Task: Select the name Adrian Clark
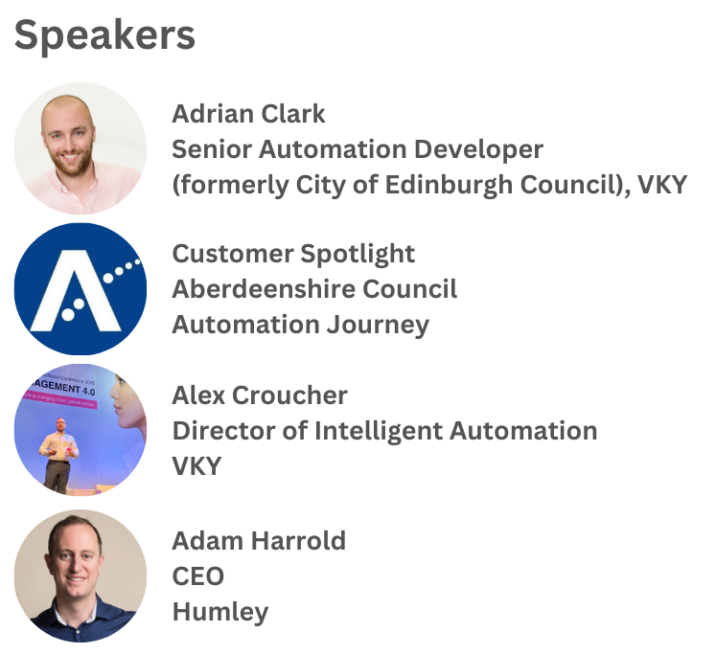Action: (x=248, y=114)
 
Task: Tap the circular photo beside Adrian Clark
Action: (x=81, y=148)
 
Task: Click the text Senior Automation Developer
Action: (x=358, y=149)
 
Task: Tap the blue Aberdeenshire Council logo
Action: (x=81, y=289)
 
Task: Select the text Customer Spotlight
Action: (x=293, y=254)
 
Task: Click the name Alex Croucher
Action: (x=260, y=395)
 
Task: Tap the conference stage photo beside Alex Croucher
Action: (x=81, y=430)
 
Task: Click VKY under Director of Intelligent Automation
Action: (x=196, y=466)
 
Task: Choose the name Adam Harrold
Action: (x=259, y=541)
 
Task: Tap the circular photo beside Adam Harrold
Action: (x=81, y=575)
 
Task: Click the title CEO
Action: (x=197, y=576)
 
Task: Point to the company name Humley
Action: (x=220, y=612)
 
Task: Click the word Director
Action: (x=222, y=431)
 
